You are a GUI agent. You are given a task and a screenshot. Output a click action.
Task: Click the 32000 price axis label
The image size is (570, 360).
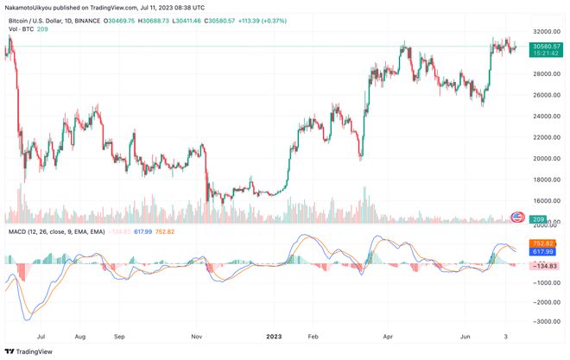(x=543, y=31)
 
